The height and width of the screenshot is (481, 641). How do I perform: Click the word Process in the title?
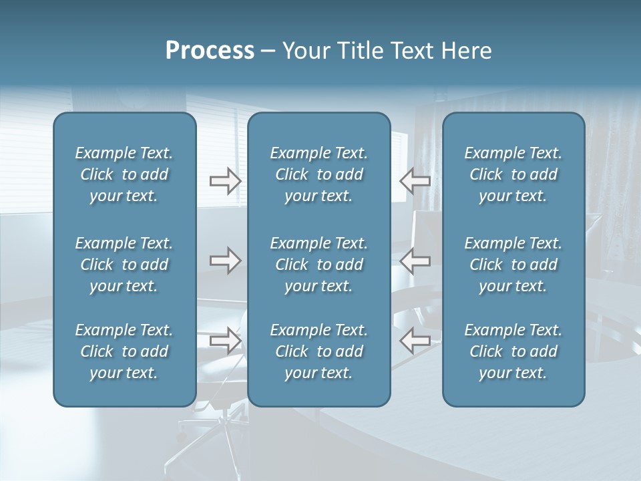[210, 51]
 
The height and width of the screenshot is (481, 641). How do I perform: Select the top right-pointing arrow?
[225, 180]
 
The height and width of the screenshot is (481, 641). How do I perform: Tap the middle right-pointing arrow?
[225, 261]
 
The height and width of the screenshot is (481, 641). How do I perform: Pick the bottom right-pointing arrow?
[225, 341]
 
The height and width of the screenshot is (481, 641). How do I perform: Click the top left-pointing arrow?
[415, 180]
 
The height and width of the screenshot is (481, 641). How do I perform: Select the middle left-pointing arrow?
[415, 261]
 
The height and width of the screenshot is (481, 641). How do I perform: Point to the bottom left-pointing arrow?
[415, 341]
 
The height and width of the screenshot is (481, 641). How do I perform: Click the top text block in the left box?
[124, 174]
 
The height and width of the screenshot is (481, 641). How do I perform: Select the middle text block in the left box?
[124, 265]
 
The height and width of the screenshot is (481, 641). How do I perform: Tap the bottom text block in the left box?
[124, 351]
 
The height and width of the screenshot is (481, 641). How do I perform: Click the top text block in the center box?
[318, 174]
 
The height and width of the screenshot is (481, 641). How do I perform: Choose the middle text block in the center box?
[318, 265]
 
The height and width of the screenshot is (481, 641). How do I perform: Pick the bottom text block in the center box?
[318, 351]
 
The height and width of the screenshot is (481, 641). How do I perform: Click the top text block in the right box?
[513, 174]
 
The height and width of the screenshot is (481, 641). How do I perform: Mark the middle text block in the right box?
[513, 265]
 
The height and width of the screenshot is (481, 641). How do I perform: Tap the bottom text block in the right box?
[513, 351]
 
